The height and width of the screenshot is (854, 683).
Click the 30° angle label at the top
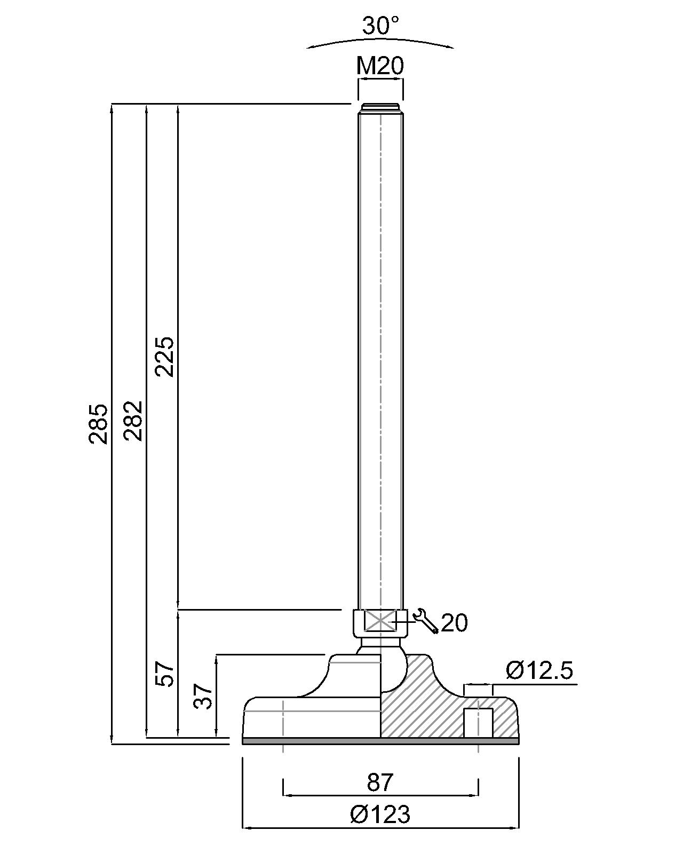pos(380,26)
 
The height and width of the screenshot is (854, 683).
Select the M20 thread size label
pos(380,66)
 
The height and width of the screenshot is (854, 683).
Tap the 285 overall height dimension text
pos(98,424)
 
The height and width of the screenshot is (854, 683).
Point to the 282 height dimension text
pos(132,421)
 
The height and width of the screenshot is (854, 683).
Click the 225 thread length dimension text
pos(164,357)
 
